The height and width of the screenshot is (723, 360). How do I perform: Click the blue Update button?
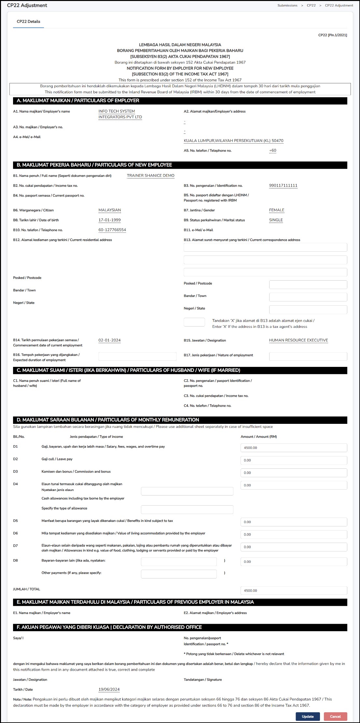pyautogui.click(x=308, y=716)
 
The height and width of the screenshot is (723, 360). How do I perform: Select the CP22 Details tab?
pyautogui.click(x=29, y=21)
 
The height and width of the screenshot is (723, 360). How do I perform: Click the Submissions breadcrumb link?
pyautogui.click(x=287, y=6)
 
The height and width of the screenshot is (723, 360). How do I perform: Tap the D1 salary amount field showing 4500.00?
pyautogui.click(x=294, y=448)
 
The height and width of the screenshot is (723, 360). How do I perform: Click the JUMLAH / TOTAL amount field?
pyautogui.click(x=294, y=590)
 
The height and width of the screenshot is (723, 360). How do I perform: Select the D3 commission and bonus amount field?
pyautogui.click(x=294, y=473)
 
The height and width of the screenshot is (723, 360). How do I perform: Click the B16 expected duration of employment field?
pyautogui.click(x=137, y=356)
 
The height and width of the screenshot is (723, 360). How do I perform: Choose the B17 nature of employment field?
pyautogui.click(x=308, y=356)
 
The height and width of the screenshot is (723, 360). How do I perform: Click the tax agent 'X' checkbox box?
pyautogui.click(x=194, y=322)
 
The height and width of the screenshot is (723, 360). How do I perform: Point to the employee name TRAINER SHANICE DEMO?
pyautogui.click(x=150, y=175)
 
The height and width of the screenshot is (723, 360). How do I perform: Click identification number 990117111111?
pyautogui.click(x=283, y=186)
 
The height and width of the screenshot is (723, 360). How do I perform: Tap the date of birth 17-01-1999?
pyautogui.click(x=109, y=220)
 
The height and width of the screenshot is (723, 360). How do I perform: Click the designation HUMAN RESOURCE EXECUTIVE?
pyautogui.click(x=298, y=340)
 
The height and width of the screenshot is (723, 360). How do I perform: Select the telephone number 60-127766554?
pyautogui.click(x=112, y=230)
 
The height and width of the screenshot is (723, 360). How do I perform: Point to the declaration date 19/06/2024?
pyautogui.click(x=109, y=689)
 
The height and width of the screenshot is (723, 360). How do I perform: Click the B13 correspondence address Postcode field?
pyautogui.click(x=308, y=285)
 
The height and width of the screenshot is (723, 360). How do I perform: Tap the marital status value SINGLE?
pyautogui.click(x=276, y=220)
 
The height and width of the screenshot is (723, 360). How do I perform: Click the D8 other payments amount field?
pyautogui.click(x=294, y=562)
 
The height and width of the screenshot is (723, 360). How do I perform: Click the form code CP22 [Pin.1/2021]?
pyautogui.click(x=332, y=35)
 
